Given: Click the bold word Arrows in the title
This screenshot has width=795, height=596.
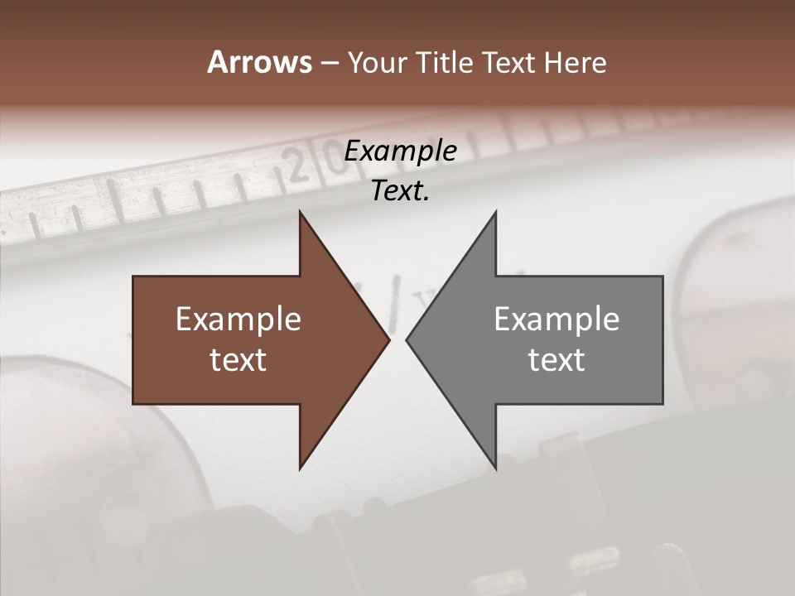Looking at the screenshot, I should [x=258, y=63].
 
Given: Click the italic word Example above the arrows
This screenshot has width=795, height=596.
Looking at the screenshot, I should [x=400, y=151].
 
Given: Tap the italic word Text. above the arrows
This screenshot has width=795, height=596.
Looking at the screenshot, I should [x=400, y=191].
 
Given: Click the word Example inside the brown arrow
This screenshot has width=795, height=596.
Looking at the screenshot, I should [x=238, y=320].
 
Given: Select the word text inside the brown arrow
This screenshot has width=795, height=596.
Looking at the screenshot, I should [x=238, y=360].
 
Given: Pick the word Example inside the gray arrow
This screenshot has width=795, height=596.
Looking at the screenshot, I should [x=556, y=320].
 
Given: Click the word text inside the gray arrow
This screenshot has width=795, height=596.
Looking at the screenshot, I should [x=556, y=360].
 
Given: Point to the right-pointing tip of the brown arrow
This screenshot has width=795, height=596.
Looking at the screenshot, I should [x=388, y=339].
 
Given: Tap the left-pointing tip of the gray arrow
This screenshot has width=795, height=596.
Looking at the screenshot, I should [x=407, y=339].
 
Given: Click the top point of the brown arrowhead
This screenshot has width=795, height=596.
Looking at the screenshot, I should [x=300, y=212].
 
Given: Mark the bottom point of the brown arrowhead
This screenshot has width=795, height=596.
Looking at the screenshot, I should [x=300, y=468].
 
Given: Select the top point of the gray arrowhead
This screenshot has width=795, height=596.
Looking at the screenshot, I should [x=495, y=212].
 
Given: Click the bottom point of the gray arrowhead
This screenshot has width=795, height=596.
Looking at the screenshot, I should [x=495, y=468].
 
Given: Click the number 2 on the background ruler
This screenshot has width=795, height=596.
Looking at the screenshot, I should [x=298, y=168].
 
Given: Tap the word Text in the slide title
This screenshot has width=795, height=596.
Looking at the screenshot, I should [x=507, y=63].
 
